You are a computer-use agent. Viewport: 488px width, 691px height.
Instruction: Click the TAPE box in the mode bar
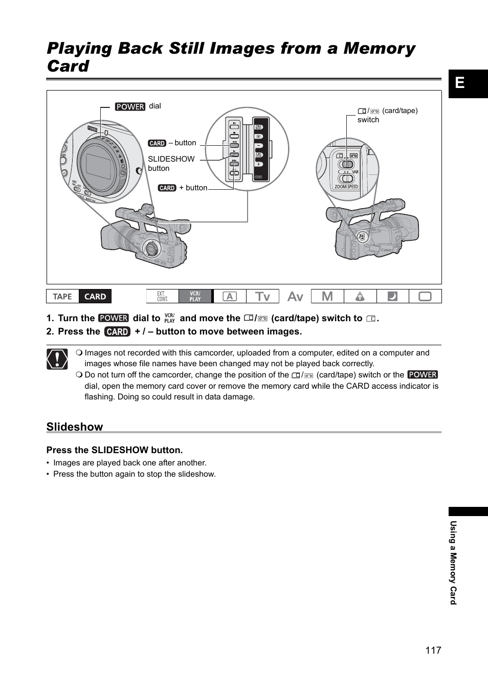pyautogui.click(x=62, y=297)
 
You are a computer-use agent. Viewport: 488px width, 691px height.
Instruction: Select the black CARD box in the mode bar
pyautogui.click(x=95, y=297)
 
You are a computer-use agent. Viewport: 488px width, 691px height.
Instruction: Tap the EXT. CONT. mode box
pyautogui.click(x=162, y=297)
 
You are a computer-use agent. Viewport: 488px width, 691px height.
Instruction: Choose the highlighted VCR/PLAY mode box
pyautogui.click(x=195, y=297)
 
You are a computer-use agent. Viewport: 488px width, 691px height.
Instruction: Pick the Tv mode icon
pyautogui.click(x=262, y=297)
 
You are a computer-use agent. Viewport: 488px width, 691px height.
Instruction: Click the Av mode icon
pyautogui.click(x=295, y=297)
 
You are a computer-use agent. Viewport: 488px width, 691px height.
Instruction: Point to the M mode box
pyautogui.click(x=327, y=297)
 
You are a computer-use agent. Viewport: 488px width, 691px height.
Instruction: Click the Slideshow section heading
pyautogui.click(x=75, y=427)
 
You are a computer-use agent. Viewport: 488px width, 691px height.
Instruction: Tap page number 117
pyautogui.click(x=433, y=650)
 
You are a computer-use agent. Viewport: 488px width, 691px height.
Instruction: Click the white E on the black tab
pyautogui.click(x=460, y=83)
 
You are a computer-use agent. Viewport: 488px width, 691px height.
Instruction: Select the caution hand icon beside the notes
pyautogui.click(x=57, y=359)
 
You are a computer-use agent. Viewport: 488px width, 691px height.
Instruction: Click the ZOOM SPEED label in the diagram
pyautogui.click(x=346, y=187)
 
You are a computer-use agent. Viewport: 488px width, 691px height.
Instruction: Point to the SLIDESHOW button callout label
pyautogui.click(x=171, y=163)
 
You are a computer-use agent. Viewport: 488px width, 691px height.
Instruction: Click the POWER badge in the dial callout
pyautogui.click(x=130, y=106)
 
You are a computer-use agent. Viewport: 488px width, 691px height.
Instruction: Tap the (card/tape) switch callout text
pyautogui.click(x=388, y=115)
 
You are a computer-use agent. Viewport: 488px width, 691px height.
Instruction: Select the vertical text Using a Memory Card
pyautogui.click(x=453, y=563)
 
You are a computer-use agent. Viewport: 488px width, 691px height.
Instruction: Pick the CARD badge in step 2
pyautogui.click(x=117, y=331)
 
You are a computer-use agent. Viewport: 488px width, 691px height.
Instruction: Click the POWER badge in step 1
pyautogui.click(x=114, y=318)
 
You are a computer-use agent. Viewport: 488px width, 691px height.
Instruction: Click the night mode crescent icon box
pyautogui.click(x=392, y=297)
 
